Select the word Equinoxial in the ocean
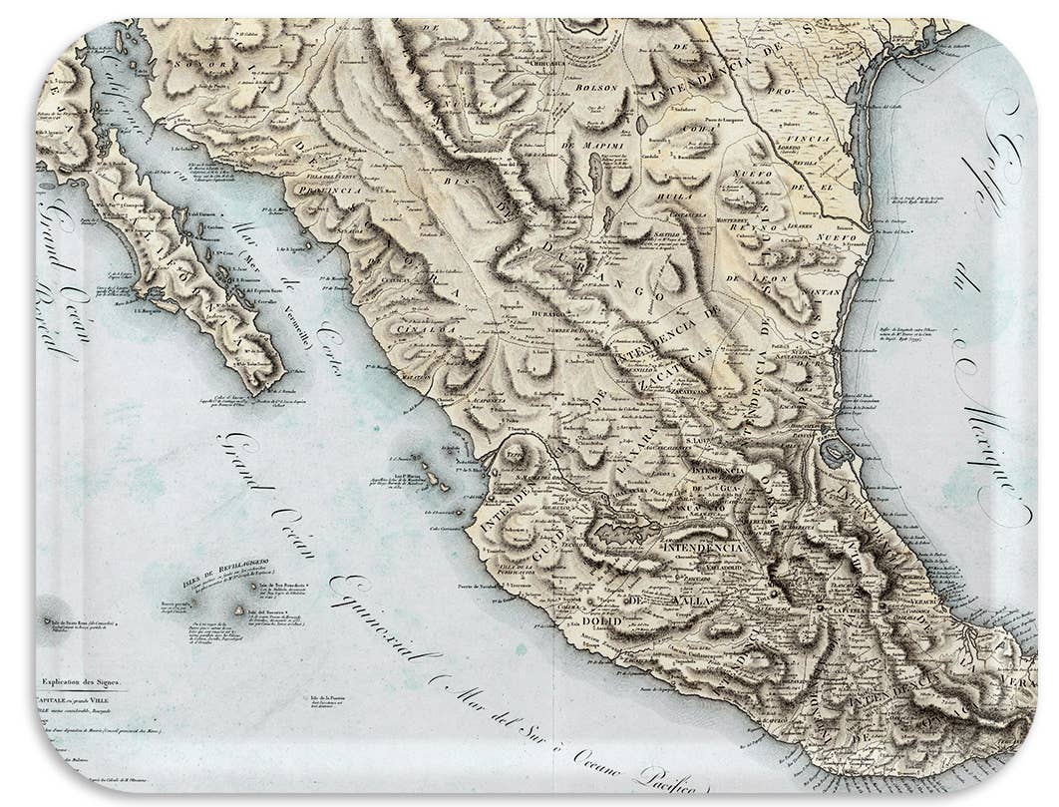pyautogui.click(x=384, y=617)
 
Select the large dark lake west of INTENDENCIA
pyautogui.click(x=623, y=532)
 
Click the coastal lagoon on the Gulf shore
pyautogui.click(x=837, y=454)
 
